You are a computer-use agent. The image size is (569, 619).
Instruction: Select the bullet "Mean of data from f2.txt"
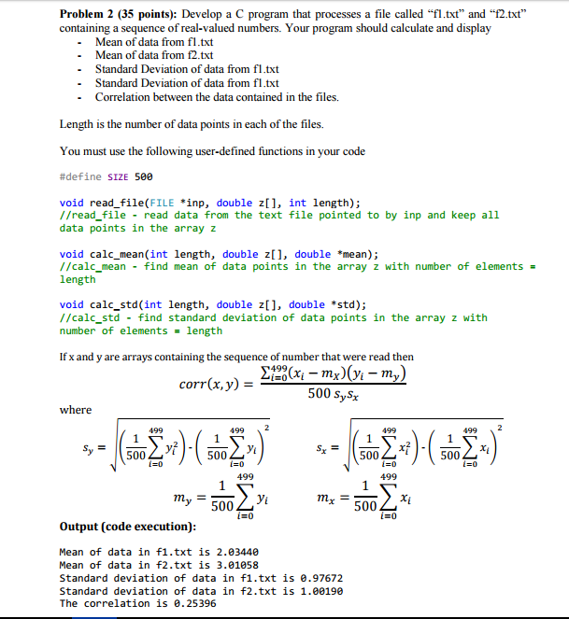tap(155, 55)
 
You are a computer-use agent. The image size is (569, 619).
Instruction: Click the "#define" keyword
tap(78, 176)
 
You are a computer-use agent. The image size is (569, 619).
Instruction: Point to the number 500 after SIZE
tap(143, 176)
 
